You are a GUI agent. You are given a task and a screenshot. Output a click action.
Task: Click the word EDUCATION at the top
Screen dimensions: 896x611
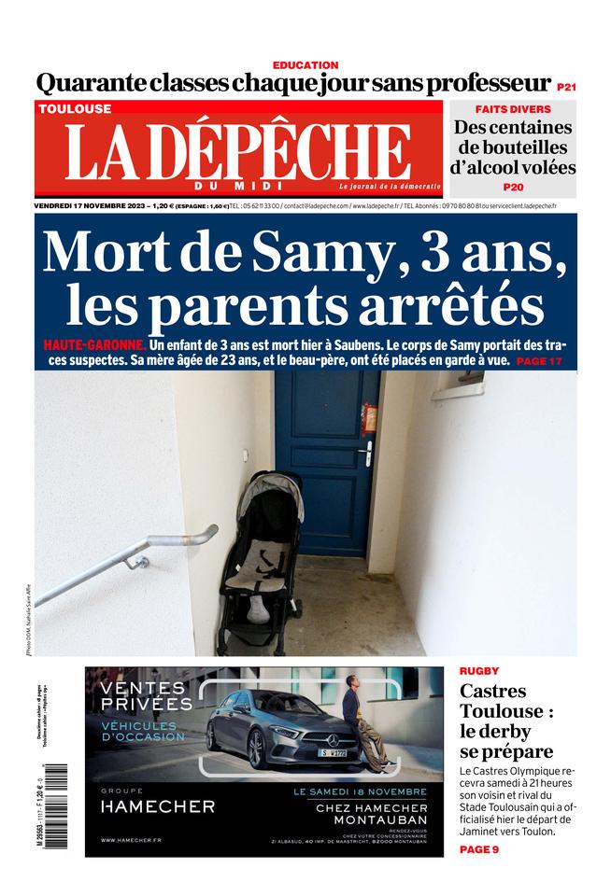coord(305,65)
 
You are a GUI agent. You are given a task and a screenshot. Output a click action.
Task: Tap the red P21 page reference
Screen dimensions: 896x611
coord(566,86)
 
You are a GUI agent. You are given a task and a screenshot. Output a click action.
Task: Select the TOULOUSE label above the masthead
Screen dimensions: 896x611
coord(75,109)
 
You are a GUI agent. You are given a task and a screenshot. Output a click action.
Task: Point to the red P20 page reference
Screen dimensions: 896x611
coord(513,187)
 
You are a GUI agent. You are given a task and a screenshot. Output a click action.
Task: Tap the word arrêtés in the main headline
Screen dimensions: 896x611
coord(454,302)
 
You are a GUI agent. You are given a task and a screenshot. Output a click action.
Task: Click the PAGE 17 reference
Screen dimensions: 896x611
coord(539,360)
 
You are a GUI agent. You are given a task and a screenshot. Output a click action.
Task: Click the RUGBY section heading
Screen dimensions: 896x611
coord(479,671)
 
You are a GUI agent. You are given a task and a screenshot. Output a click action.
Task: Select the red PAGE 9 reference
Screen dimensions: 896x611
coord(479,849)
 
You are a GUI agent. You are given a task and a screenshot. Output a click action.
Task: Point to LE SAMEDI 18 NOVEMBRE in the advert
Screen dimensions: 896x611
coord(360,791)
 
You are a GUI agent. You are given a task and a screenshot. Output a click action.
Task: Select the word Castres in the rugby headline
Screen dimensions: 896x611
coord(493,693)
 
